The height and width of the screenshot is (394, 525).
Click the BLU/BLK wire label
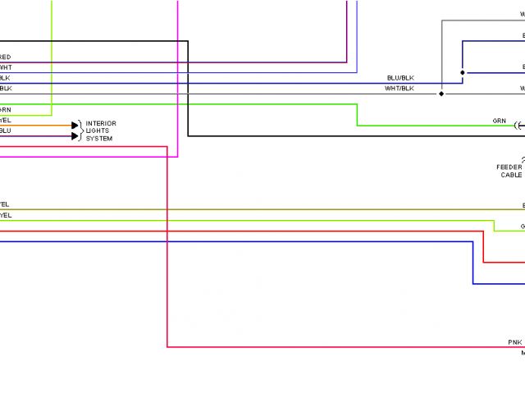(400, 78)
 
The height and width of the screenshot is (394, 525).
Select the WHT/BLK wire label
(400, 88)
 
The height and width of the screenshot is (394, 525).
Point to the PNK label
(514, 341)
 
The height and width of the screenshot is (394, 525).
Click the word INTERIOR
(101, 123)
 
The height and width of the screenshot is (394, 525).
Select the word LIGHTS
(98, 131)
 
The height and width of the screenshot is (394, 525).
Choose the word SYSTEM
(99, 138)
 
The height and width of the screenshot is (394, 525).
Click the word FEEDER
(509, 167)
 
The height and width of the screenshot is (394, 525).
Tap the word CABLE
(511, 175)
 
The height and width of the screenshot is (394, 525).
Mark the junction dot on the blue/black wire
(462, 73)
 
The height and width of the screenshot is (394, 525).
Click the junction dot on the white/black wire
(442, 94)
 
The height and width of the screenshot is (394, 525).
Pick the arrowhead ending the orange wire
(75, 126)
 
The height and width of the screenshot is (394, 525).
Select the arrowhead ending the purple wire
(75, 135)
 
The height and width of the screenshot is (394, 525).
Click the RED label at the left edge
(5, 57)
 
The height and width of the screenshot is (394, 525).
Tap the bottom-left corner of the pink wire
(167, 347)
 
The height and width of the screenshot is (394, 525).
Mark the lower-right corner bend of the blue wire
(473, 284)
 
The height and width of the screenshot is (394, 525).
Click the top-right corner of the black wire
(188, 41)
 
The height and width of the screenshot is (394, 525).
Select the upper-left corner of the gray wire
(442, 21)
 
